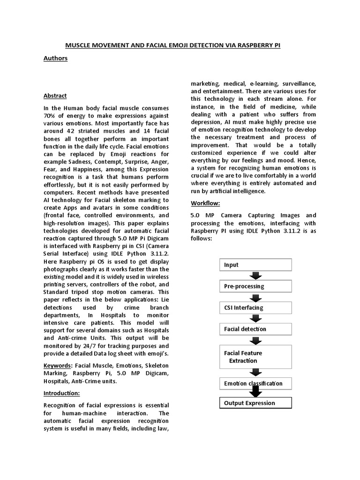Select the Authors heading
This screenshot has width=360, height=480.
pos(55,58)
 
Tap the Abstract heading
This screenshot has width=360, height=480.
pos(55,96)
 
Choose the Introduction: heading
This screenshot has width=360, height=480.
pos(62,393)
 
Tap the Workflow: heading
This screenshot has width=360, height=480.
pos(205,203)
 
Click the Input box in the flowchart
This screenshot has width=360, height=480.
pos(255,265)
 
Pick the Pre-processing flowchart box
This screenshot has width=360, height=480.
pos(255,286)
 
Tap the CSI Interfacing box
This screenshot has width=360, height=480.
pos(255,307)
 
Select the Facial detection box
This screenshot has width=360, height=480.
pos(255,329)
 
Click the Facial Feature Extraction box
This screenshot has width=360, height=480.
pos(255,357)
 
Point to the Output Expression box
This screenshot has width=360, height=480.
pos(255,403)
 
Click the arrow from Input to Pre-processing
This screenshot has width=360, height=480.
pos(255,276)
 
